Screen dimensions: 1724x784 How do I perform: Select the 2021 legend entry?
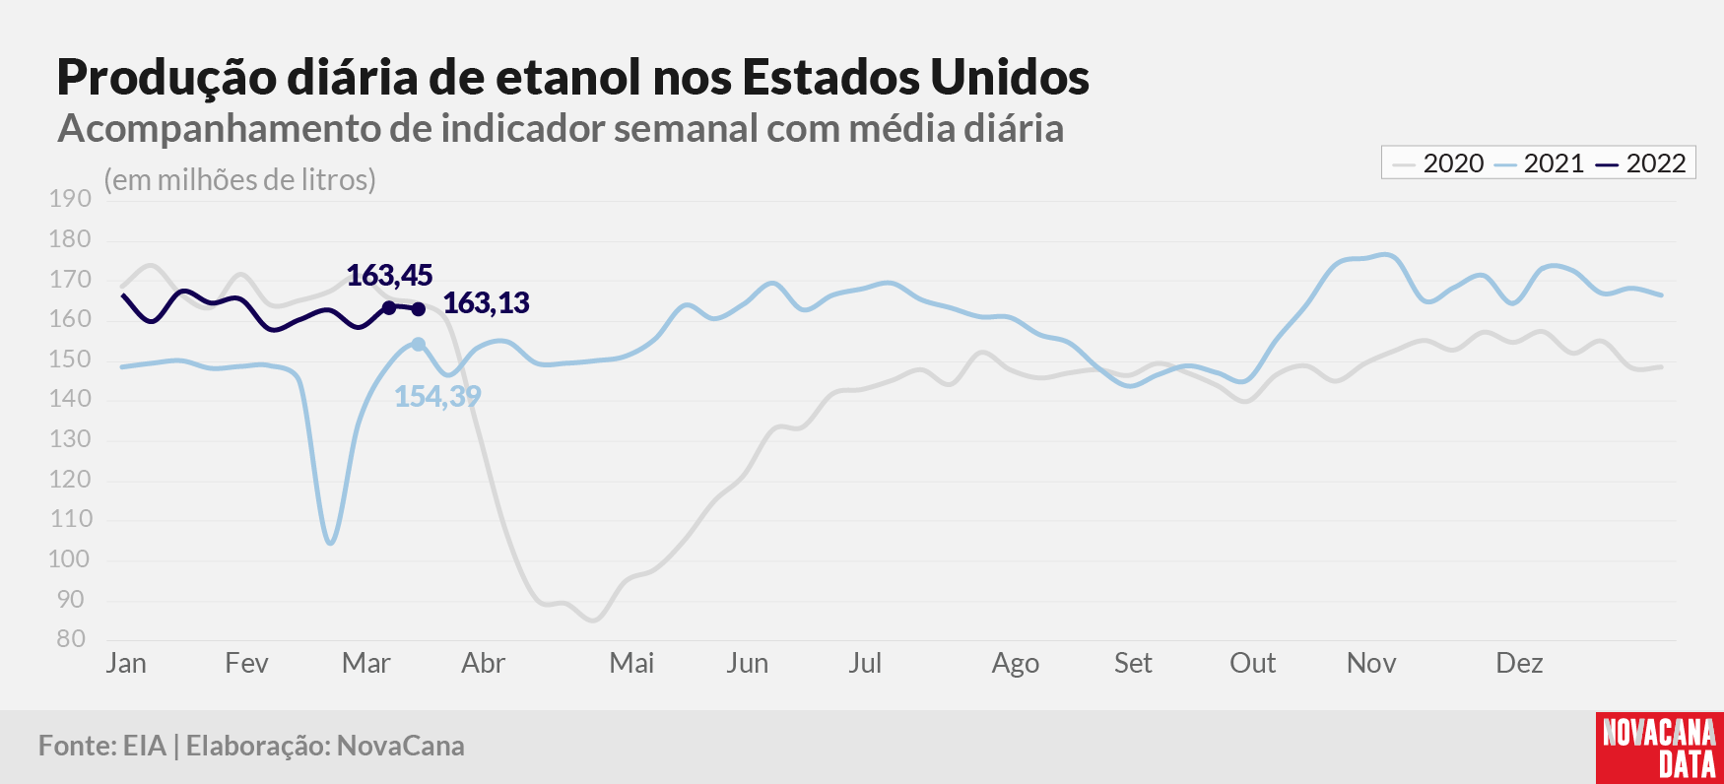1539,163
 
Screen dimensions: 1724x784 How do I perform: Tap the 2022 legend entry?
1641,163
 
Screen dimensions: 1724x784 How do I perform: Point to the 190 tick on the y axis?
70,199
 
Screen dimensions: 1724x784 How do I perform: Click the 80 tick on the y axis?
71,638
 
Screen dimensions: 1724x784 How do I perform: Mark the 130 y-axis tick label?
70,439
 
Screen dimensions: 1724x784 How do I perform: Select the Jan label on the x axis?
126,663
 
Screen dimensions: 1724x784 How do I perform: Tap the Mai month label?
631,663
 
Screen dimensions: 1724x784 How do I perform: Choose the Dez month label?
1519,663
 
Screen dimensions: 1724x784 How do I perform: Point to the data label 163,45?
389,276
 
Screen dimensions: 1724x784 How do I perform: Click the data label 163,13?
487,303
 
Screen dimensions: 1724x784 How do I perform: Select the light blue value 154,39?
437,397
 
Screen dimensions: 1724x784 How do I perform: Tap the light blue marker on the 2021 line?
419,344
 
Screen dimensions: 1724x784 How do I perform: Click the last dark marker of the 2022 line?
419,309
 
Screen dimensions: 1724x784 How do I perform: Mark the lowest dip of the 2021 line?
330,542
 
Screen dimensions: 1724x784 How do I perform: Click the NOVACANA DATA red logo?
1660,748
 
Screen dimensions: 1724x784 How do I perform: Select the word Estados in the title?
829,77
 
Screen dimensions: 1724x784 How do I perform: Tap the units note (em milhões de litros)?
240,180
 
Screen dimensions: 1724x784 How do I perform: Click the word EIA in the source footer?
145,746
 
